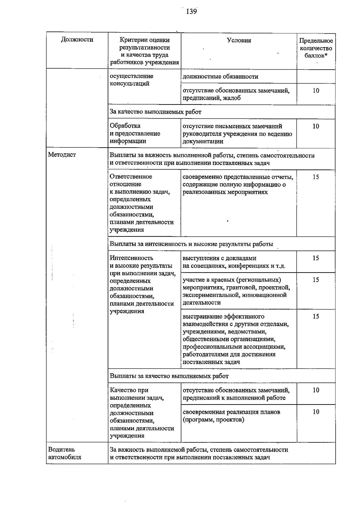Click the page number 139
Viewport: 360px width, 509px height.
tap(191, 12)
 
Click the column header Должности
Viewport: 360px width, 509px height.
tap(77, 40)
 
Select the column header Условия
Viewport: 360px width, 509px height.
tap(239, 40)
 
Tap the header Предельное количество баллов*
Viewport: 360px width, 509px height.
tap(316, 48)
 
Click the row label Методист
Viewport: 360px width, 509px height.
tap(62, 155)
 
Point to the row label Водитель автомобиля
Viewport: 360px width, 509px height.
tap(64, 453)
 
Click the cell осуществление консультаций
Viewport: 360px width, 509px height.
tap(131, 80)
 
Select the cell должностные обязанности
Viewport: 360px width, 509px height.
tap(220, 77)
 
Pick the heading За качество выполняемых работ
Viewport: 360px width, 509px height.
tap(155, 112)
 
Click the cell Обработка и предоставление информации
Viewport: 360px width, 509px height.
tap(135, 133)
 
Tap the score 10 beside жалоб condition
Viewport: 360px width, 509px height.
tap(316, 91)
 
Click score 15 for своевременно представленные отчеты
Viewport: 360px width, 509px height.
tap(316, 177)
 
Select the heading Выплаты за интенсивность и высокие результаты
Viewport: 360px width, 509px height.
tap(191, 244)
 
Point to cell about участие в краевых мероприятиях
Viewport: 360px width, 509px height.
tap(236, 291)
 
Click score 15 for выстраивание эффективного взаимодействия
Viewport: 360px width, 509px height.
tap(316, 316)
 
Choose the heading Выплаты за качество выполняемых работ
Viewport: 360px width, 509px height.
tap(169, 376)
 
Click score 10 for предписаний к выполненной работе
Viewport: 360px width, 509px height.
tap(316, 390)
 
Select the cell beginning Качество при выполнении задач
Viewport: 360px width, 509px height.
tap(142, 413)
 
